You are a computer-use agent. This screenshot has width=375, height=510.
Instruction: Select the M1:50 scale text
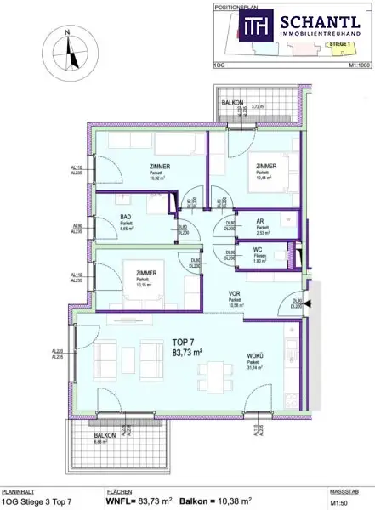click(338, 502)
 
